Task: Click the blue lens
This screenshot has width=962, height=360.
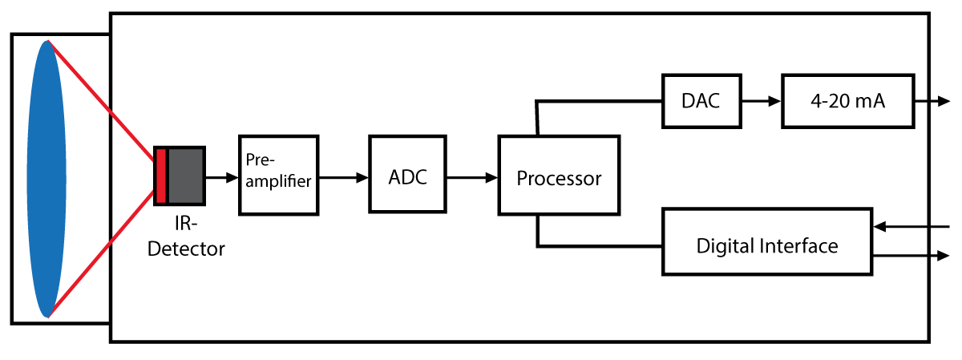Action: pos(46,179)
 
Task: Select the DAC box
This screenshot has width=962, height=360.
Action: pos(701,101)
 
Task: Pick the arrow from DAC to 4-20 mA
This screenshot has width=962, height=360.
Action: pos(760,101)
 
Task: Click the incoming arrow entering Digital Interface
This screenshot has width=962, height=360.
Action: pos(914,228)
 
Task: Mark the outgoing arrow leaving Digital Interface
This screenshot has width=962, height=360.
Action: pos(914,257)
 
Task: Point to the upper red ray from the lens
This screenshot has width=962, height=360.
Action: pos(102,95)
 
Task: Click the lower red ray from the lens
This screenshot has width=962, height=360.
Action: pos(102,258)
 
